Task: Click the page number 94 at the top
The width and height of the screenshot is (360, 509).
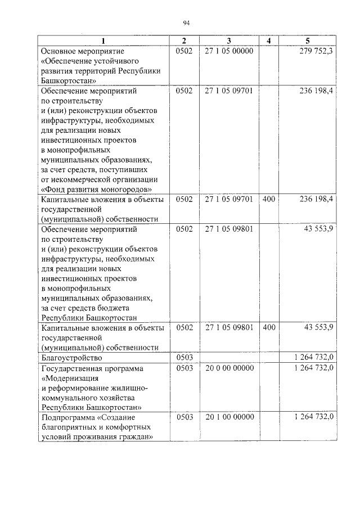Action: pyautogui.click(x=186, y=22)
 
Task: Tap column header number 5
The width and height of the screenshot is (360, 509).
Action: pyautogui.click(x=307, y=41)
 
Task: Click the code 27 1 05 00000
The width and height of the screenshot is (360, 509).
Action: pyautogui.click(x=229, y=51)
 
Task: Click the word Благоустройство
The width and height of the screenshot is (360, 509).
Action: pyautogui.click(x=73, y=358)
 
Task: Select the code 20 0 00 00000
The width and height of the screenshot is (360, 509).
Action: pyautogui.click(x=229, y=368)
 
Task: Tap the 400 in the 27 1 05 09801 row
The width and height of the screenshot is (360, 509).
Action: pyautogui.click(x=269, y=327)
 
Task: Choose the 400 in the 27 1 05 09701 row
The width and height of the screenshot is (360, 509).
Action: pyautogui.click(x=269, y=199)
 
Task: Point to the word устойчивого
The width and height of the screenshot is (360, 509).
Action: pyautogui.click(x=115, y=61)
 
